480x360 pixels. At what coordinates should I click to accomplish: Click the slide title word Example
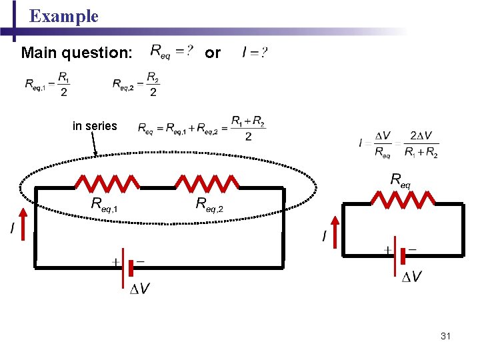pos(64,16)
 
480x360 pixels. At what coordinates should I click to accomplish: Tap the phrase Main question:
pos(77,52)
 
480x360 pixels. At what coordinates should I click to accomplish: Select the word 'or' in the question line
pos(212,52)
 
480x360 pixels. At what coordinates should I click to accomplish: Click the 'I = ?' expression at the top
pos(255,52)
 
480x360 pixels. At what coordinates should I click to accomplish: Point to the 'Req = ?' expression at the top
pos(173,51)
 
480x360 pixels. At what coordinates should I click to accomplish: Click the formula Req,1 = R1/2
pos(47,84)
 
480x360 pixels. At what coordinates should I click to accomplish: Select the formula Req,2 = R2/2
pos(136,84)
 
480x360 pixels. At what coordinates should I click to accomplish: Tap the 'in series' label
pos(95,125)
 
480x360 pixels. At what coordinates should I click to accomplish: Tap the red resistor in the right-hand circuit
pos(403,197)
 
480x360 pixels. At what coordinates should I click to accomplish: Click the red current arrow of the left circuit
pos(23,224)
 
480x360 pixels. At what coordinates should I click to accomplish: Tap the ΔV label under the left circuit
pos(139,289)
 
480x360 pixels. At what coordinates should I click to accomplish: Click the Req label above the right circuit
pos(400,179)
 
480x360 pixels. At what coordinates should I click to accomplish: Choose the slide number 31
pos(445,336)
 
